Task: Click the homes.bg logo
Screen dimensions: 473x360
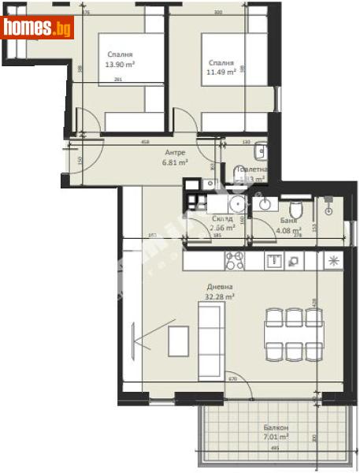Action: [x=37, y=28]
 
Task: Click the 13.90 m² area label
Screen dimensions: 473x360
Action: [x=120, y=65]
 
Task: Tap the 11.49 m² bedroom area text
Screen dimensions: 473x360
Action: [x=221, y=73]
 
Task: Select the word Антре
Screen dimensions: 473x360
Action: [x=174, y=153]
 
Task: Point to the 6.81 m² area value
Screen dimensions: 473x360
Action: [x=174, y=162]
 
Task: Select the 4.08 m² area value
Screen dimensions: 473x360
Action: [x=288, y=232]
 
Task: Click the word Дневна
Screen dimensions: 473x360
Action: [x=220, y=287]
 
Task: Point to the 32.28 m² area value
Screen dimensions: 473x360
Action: [x=220, y=297]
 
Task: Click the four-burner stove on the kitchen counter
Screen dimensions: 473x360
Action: [x=235, y=259]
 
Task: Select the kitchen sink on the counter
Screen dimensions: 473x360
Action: [x=275, y=259]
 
